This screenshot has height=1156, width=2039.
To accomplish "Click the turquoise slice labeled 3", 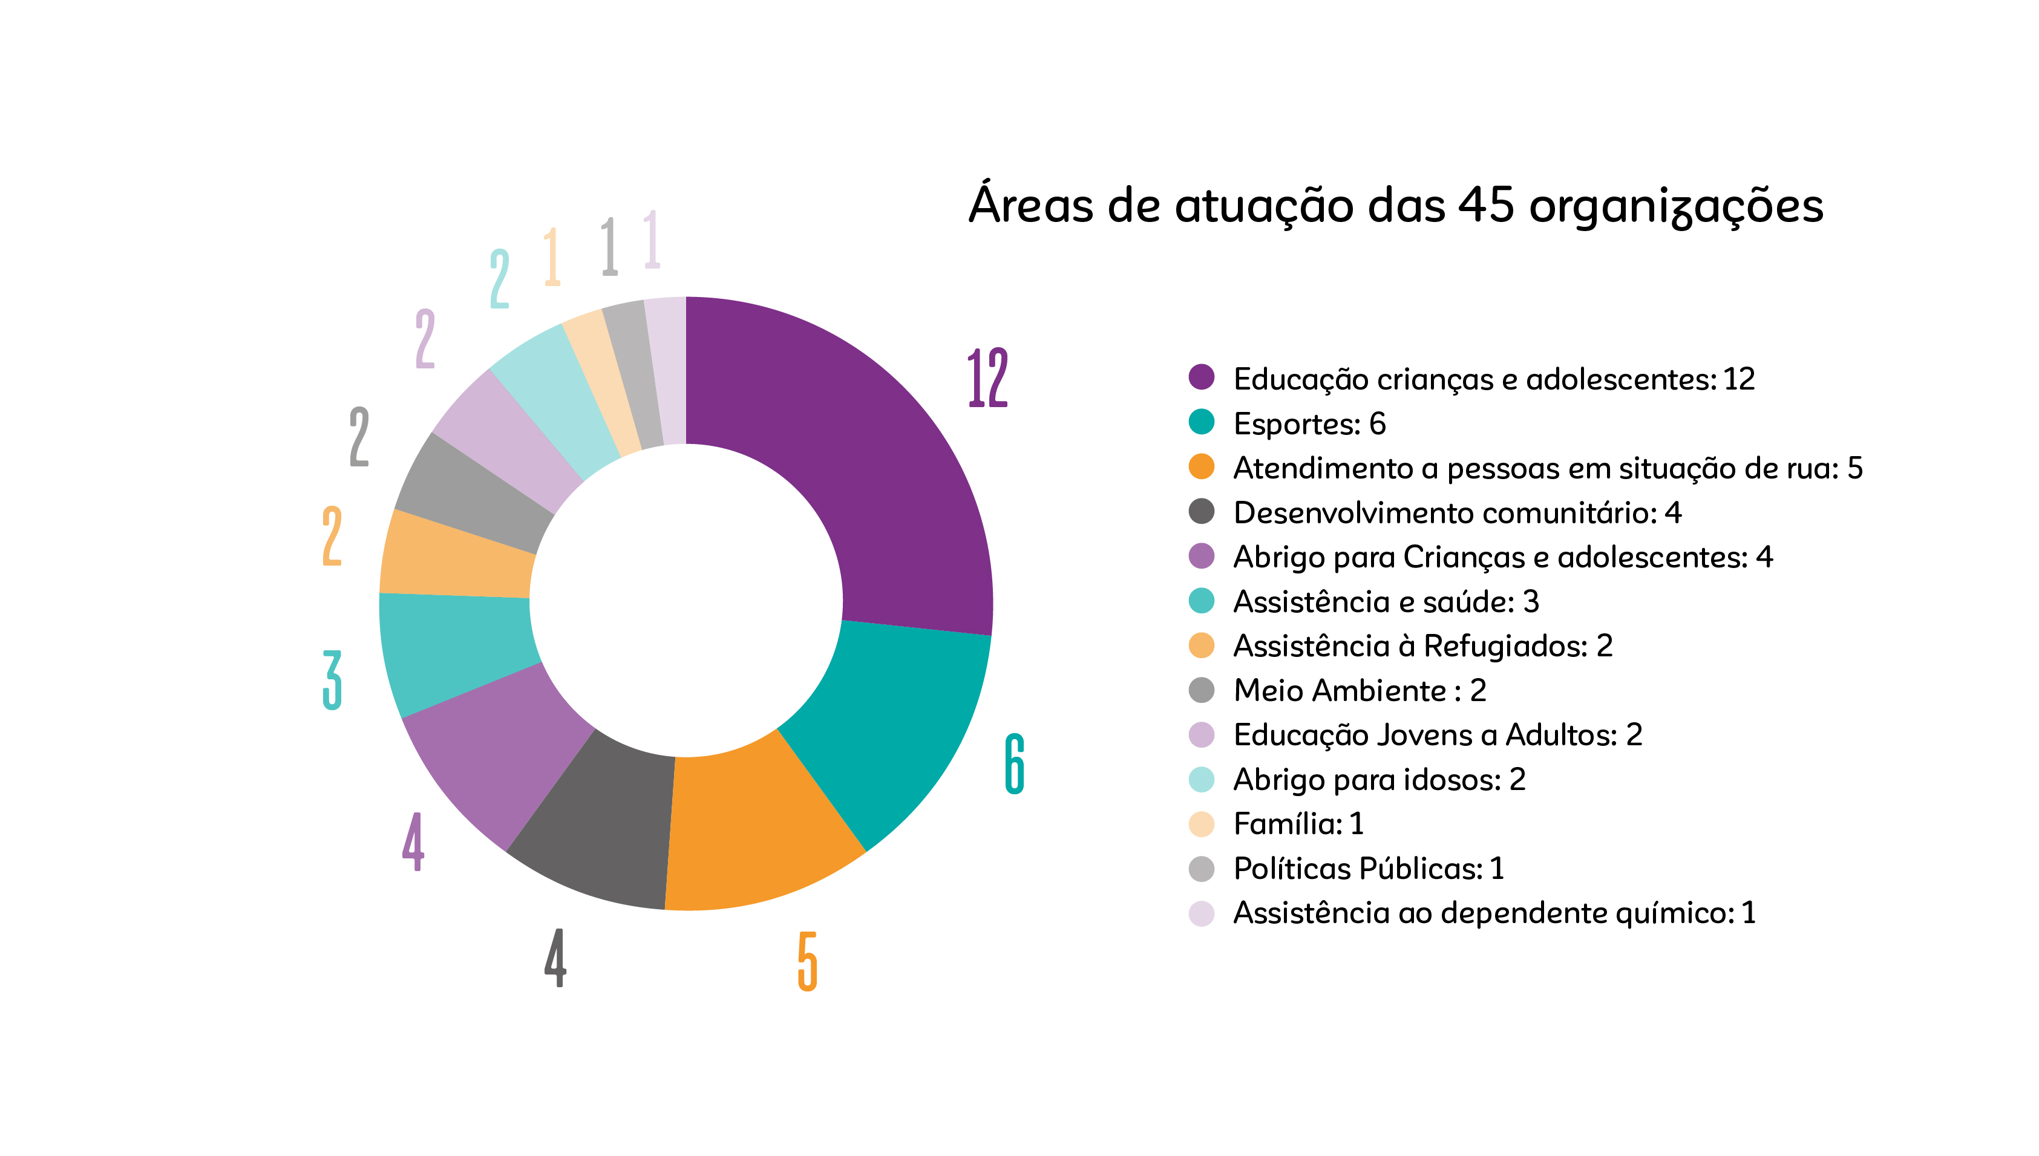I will pos(457,651).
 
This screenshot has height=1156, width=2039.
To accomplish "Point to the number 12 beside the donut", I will pos(988,378).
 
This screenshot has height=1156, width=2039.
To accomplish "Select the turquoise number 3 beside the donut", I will pos(333,680).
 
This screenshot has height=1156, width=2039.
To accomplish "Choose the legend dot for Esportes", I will pos(1202,422).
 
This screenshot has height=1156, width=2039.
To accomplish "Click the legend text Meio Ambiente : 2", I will pos(1360,691).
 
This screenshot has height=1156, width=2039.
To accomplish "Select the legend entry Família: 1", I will pos(1298,824).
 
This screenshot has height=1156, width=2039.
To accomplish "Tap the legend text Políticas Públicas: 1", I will pos(1368,869).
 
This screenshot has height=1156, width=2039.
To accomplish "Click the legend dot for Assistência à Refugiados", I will pos(1202,645).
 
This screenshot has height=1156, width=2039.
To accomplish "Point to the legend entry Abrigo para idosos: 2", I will pos(1379,780).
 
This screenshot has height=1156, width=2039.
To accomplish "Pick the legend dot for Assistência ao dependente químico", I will pos(1202,913).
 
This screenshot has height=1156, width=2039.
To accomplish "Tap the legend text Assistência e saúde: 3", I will pos(1386,602).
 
